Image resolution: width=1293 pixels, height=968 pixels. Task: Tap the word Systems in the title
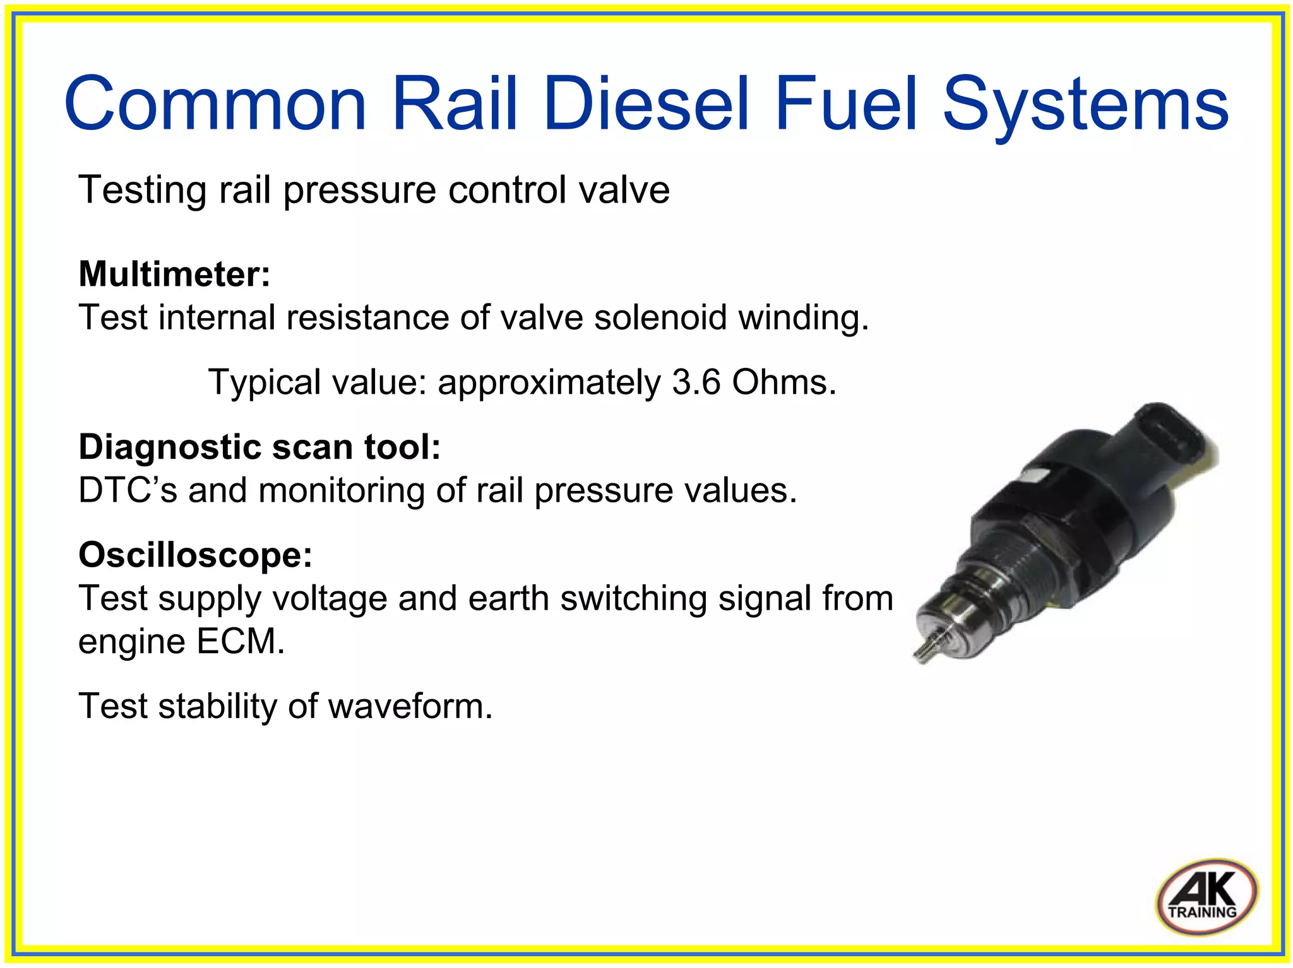coord(1085,104)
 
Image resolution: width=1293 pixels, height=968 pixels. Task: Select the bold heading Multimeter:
coord(174,274)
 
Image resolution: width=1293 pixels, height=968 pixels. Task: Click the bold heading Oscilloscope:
coord(195,555)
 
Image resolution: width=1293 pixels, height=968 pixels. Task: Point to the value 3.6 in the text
coord(695,382)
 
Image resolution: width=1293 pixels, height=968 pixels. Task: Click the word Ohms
coord(783,382)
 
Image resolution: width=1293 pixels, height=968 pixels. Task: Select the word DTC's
coord(128,490)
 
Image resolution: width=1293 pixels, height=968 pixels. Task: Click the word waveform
coord(409,706)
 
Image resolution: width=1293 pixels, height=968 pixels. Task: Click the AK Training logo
coord(1206,897)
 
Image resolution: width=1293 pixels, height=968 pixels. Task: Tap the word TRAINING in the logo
coord(1202,912)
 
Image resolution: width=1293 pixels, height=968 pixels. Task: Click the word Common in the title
coord(215,104)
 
